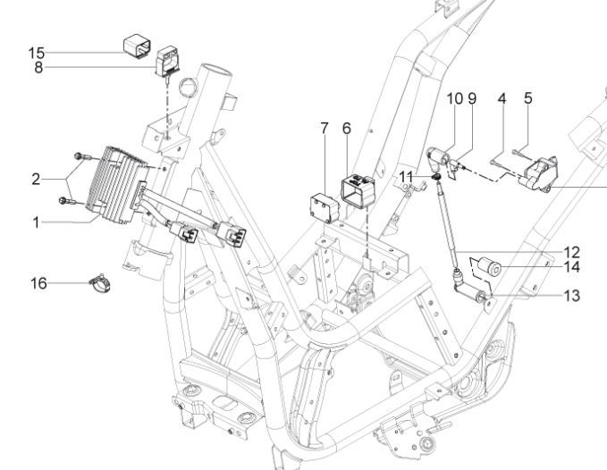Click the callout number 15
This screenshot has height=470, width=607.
37,53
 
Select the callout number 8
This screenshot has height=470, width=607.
38,68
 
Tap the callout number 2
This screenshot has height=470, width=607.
36,180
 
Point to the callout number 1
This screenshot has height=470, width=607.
36,222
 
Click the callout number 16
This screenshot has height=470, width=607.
38,283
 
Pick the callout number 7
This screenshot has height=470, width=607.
325,129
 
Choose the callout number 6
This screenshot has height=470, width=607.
347,129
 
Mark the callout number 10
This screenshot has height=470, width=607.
455,98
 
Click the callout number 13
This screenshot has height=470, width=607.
572,296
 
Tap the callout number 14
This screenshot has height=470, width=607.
572,267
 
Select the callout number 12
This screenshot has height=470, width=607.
572,253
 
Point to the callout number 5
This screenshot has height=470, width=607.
528,98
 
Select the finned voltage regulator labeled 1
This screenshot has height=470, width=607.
116,185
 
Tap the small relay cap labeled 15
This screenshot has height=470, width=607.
137,46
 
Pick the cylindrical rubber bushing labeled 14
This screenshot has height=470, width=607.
491,266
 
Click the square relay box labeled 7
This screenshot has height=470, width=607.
325,208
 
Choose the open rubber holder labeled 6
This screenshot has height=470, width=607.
358,191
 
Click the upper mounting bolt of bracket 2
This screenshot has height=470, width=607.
82,156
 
